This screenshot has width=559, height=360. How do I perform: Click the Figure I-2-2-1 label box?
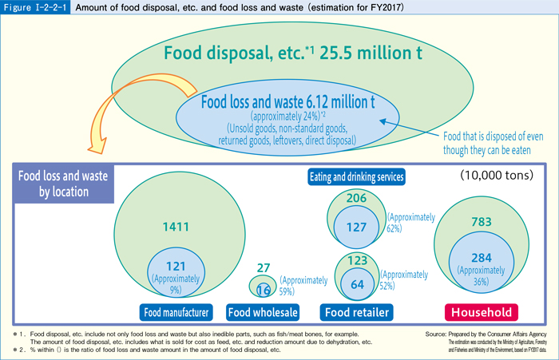point(36,9)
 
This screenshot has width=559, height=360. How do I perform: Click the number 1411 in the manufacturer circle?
point(176,227)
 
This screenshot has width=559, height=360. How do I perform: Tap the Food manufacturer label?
point(178,311)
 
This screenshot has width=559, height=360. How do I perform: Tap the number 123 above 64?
point(356,260)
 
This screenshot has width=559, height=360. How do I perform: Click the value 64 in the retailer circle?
point(356,284)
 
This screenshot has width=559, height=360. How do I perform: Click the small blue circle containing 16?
point(264,288)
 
